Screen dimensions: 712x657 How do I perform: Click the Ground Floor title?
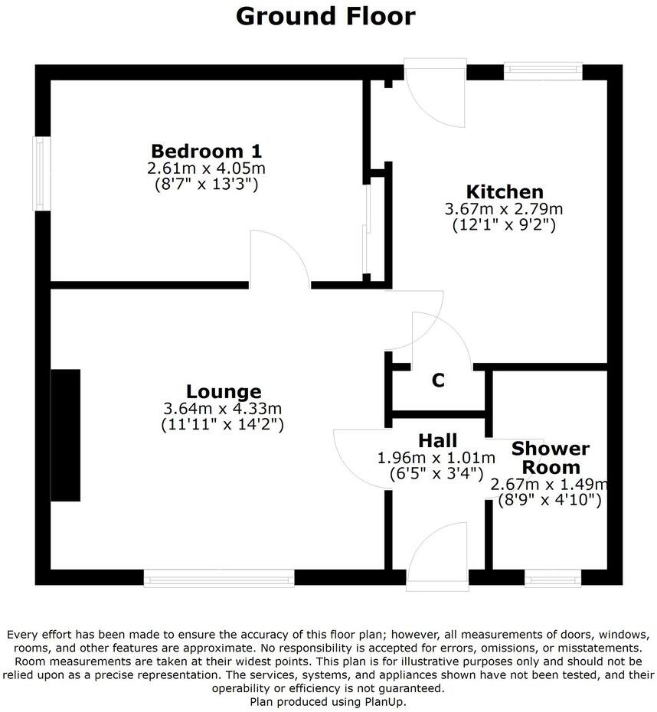(x=325, y=15)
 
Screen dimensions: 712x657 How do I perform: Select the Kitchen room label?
(x=505, y=191)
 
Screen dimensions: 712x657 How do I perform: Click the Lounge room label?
(x=223, y=392)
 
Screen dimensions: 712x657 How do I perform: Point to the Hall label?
(x=438, y=440)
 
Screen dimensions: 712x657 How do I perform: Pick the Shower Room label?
(x=550, y=458)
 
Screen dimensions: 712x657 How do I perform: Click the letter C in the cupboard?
(x=438, y=380)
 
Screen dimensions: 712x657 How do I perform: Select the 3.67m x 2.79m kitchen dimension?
(x=505, y=209)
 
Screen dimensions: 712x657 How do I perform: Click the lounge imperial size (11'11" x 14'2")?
(x=223, y=423)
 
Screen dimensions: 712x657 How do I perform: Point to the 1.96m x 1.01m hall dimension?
(x=436, y=458)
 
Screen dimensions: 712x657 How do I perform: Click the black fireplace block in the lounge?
(x=66, y=435)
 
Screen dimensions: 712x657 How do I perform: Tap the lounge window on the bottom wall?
(x=219, y=577)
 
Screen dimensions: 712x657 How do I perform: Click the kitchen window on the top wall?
(x=542, y=72)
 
